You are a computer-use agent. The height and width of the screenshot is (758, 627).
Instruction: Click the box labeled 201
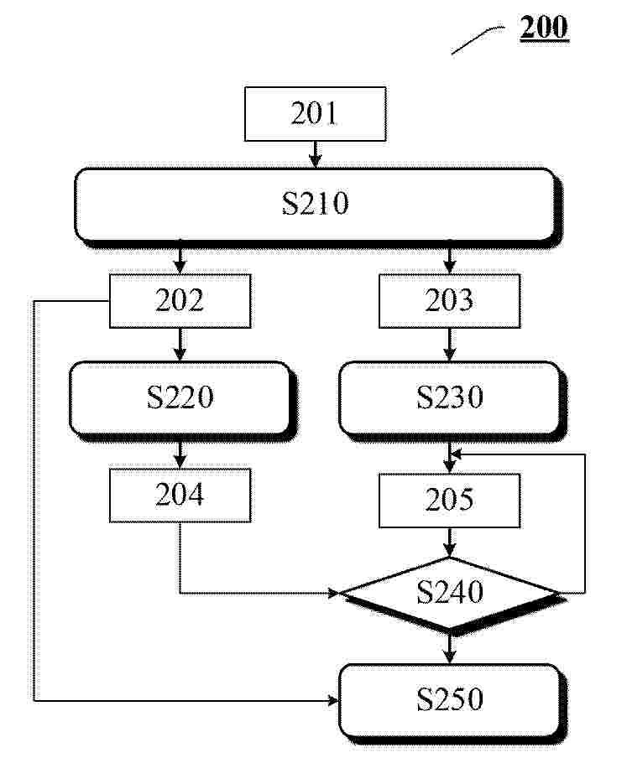pos(315,114)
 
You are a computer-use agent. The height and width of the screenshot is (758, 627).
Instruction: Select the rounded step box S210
pos(317,207)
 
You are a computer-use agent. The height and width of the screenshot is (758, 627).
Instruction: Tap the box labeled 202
pos(180,301)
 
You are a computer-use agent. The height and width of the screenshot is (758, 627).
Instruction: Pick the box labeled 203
pos(449,301)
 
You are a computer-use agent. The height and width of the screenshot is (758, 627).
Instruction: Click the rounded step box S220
pos(182,400)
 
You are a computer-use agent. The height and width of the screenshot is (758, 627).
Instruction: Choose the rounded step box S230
pos(452,400)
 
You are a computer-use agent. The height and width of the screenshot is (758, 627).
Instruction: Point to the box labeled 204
pos(180,495)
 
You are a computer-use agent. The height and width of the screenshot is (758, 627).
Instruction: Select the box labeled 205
pos(449,501)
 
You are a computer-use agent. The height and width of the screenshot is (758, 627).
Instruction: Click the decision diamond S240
pos(452,594)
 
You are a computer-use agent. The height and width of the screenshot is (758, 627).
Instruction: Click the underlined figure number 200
pos(544,27)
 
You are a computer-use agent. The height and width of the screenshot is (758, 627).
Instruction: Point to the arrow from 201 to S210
pos(316,154)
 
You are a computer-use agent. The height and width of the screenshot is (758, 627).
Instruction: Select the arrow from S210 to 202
pos(180,261)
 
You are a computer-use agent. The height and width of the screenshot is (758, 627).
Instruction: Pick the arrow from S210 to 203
pos(449,261)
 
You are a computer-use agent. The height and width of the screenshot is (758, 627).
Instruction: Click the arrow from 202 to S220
pos(180,345)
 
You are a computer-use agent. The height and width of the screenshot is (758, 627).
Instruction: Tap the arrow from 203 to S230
pos(449,345)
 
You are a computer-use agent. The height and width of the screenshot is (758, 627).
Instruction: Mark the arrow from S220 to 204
pos(180,455)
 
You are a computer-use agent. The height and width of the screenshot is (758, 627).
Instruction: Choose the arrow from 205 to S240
pos(449,543)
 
